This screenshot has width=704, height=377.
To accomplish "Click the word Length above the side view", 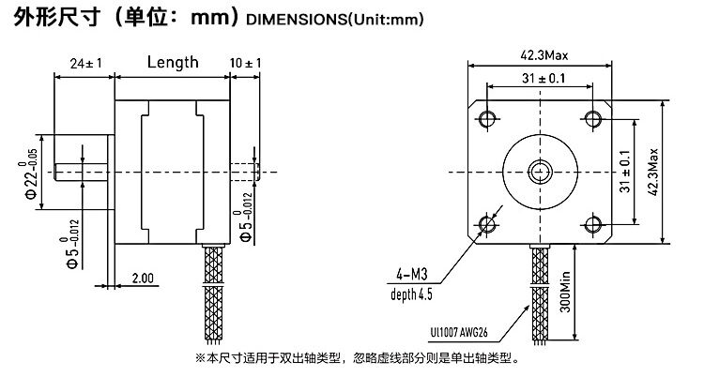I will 173,63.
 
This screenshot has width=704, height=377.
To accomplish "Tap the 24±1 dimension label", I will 85,64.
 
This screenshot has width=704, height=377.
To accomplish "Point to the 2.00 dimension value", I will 144,279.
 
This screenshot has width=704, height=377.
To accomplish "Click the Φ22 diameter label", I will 31,173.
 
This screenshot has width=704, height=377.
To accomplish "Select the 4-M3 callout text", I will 413,275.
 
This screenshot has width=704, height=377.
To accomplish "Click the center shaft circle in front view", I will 541,170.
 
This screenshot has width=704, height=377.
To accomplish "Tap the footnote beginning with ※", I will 356,357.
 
